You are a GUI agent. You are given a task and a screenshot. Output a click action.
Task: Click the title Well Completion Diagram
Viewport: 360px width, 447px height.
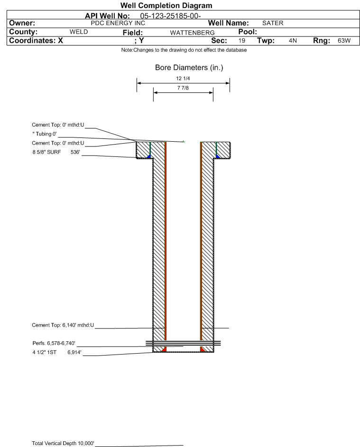point(166,6)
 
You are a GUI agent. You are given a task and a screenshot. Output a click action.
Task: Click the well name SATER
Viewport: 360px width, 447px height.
point(273,23)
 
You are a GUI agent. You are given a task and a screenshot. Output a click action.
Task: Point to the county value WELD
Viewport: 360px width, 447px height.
point(79,32)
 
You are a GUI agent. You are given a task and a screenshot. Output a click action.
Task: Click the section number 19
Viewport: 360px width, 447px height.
point(242,41)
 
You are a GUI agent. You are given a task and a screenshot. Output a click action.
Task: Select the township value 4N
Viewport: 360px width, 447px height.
point(293,41)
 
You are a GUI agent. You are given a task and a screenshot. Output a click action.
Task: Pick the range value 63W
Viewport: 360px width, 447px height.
point(344,41)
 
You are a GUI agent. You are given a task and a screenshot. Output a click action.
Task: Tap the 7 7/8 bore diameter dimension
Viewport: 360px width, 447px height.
point(183,88)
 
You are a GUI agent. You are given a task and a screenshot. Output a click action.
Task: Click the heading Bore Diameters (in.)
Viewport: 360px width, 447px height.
point(189,68)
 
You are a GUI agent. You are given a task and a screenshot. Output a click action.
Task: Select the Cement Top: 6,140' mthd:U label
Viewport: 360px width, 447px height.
point(63,325)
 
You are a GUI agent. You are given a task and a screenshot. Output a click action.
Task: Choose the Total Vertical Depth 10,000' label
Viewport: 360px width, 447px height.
point(63,443)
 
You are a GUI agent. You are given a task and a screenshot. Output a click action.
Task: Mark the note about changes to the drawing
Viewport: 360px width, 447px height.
point(184,50)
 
